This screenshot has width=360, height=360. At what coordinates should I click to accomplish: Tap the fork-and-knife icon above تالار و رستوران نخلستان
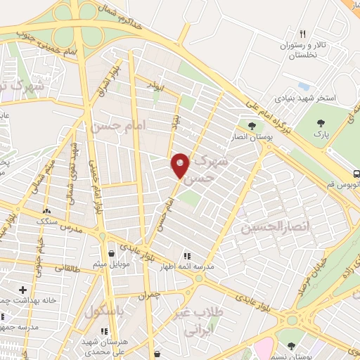(303, 34)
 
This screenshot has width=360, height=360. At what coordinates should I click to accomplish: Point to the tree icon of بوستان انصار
(251, 125)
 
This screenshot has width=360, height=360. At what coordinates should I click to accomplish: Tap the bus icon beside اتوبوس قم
(356, 174)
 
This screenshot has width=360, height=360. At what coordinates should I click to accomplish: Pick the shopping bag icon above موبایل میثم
(112, 254)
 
